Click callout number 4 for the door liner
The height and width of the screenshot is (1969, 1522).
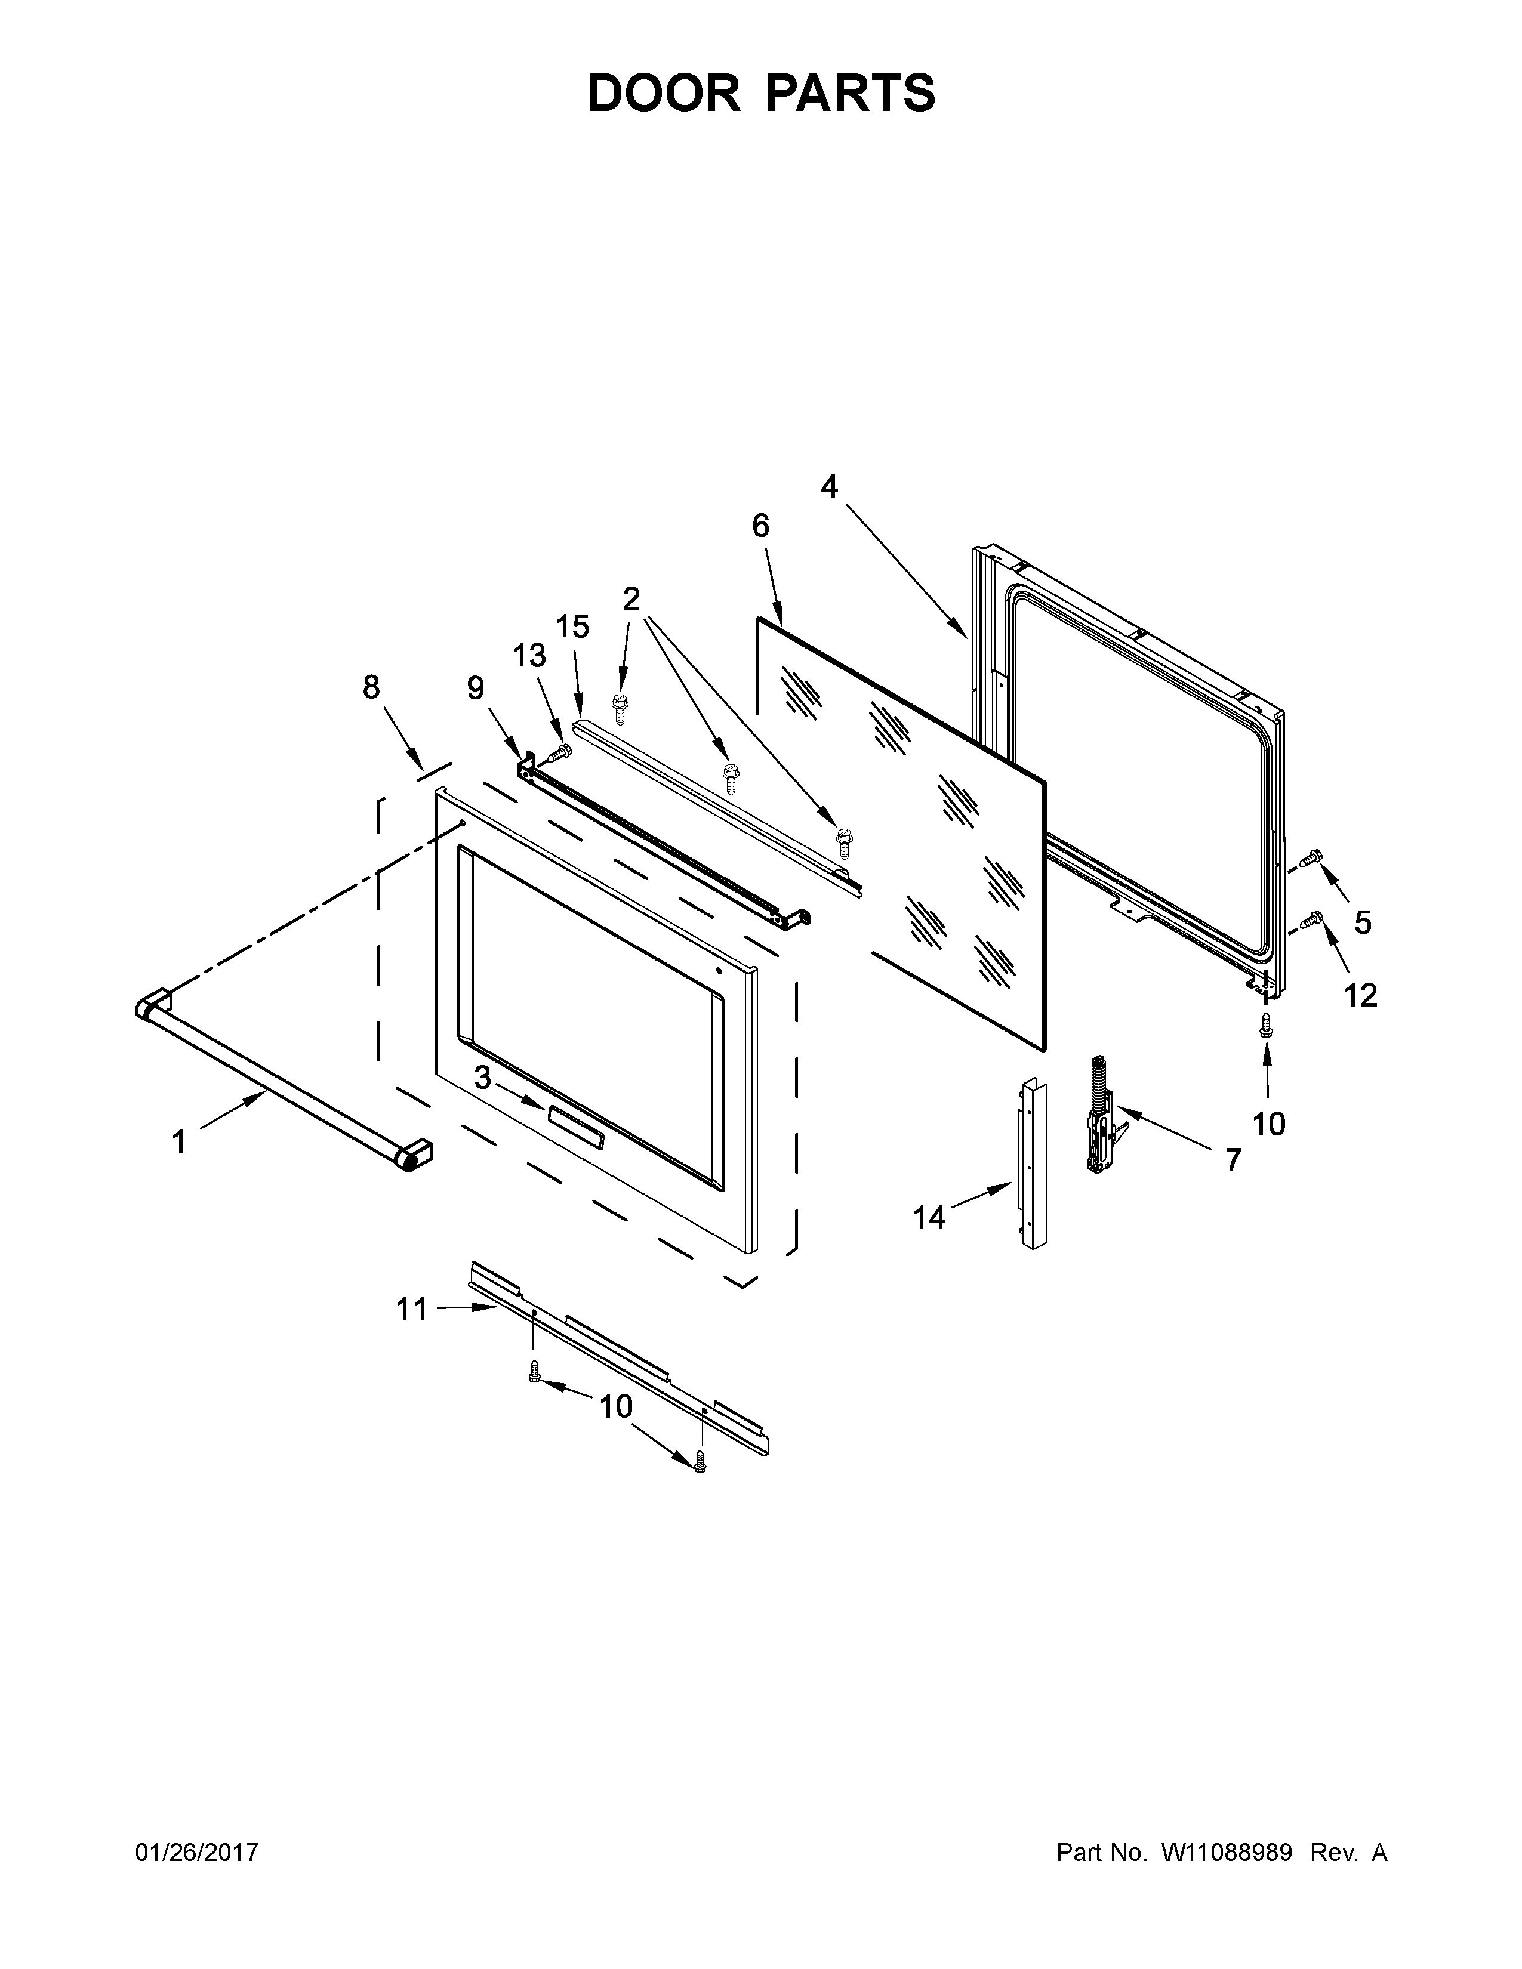[x=828, y=487]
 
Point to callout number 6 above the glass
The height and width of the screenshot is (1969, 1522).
[x=761, y=526]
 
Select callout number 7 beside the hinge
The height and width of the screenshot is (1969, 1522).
[x=1233, y=1159]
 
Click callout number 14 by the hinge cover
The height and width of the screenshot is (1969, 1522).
[x=929, y=1218]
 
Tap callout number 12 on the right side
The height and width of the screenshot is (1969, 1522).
[x=1361, y=995]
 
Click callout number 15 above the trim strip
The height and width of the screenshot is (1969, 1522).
[x=572, y=626]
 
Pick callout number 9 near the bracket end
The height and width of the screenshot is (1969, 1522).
[x=475, y=688]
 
